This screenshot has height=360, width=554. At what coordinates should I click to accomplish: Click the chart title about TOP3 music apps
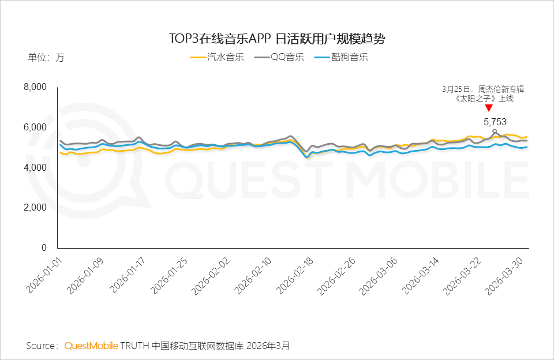click(x=276, y=39)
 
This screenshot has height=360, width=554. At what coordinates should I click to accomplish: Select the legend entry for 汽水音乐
click(x=218, y=57)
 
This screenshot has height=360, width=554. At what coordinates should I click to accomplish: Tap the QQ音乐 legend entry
click(x=279, y=57)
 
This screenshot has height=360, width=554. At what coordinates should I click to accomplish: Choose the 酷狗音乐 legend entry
click(x=341, y=57)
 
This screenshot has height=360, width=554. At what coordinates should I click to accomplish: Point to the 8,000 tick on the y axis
click(x=35, y=87)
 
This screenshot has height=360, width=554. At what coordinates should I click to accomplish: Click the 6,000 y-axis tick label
click(x=35, y=127)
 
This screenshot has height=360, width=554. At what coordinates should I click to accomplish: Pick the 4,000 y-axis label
click(x=35, y=168)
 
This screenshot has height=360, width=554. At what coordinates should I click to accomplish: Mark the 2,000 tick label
click(x=35, y=208)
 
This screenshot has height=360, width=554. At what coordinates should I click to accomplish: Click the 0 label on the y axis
click(x=43, y=248)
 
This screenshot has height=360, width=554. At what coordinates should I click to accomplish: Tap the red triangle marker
click(x=489, y=108)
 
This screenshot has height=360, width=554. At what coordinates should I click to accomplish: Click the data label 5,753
click(x=495, y=122)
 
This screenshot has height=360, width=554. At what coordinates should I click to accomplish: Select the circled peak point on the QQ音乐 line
click(x=495, y=131)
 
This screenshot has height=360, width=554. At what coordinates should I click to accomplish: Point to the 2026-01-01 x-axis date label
click(x=43, y=274)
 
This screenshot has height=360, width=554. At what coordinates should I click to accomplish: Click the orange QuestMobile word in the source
click(x=91, y=346)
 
